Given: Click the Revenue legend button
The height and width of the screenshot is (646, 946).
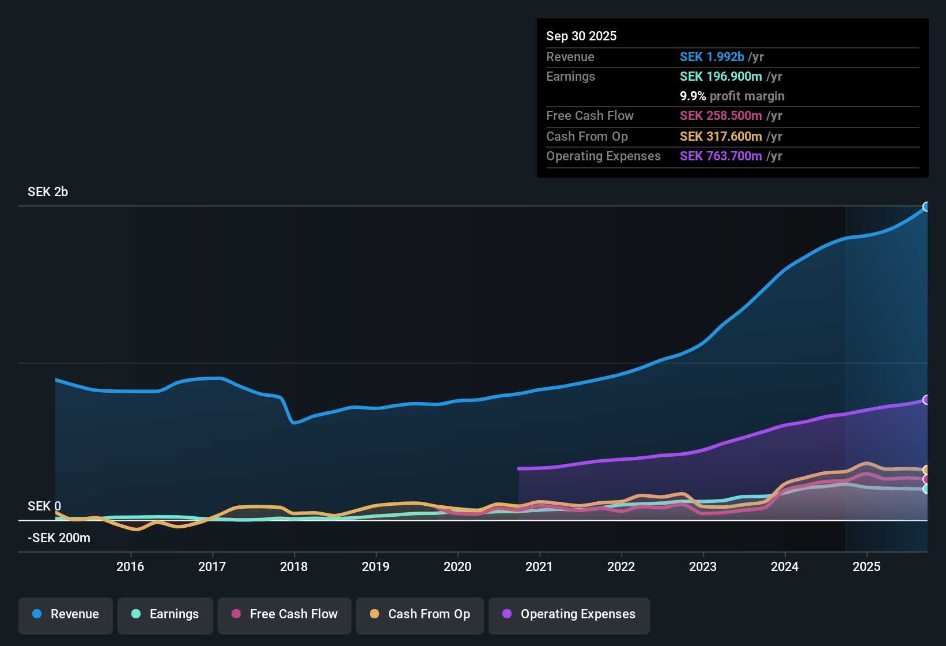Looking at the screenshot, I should coord(66,614).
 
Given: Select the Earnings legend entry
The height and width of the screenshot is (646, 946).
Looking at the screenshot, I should coord(165,614).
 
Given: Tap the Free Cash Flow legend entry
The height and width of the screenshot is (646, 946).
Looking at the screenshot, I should coord(285,614).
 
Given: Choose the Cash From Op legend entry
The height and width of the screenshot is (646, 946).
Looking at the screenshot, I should coord(420,614).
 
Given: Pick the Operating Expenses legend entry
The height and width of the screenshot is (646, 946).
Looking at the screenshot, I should coord(569,614).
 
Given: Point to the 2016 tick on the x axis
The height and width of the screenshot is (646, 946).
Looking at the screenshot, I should coord(130,566).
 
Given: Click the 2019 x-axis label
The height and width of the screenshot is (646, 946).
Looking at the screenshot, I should coord(376,566).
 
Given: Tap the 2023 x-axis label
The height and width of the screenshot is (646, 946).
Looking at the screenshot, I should coord(703,566).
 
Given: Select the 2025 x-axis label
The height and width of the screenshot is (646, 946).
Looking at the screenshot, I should coord(866,566).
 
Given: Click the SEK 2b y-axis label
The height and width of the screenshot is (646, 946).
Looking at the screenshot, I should coord(48,192).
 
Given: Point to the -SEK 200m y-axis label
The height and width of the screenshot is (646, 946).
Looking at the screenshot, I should coord(59,538).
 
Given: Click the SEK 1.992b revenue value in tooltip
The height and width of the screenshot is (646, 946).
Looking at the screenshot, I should coord(712,57).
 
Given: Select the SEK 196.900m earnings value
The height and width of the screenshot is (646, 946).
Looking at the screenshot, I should coord(721,77).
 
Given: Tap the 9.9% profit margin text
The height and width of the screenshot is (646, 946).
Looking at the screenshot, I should coord(732,96).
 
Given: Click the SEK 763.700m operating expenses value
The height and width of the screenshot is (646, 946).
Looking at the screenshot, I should coord(721,156).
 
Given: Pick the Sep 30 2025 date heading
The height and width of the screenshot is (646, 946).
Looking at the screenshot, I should coord(581,36).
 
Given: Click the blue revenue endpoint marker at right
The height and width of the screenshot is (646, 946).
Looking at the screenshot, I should coord(926,206).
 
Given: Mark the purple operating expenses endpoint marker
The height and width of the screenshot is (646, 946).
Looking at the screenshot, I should coord(926,400).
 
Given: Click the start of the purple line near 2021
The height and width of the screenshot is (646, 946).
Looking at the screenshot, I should coord(519,468).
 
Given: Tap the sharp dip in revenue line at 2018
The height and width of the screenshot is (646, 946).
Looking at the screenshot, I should coord(294,422).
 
